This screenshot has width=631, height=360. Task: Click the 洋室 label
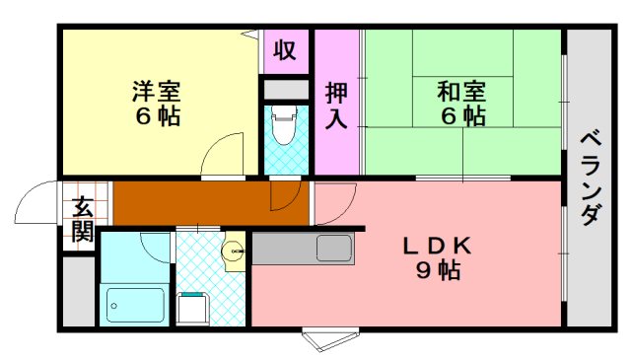tap(157, 92)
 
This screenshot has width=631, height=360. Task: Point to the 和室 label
tap(461, 92)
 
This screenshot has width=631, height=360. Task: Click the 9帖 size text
tap(437, 270)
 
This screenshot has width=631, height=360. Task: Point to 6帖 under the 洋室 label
tap(157, 116)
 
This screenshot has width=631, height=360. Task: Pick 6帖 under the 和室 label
tap(461, 116)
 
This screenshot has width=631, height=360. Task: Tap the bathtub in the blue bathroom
tap(136, 305)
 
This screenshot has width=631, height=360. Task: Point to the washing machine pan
tap(193, 309)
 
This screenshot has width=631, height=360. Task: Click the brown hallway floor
tap(187, 203)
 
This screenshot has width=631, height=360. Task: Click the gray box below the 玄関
tap(78, 292)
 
